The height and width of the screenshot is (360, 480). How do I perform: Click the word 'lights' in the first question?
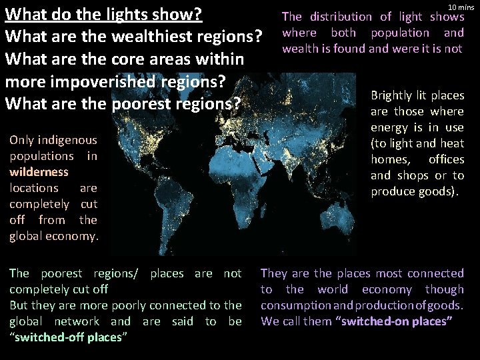123,14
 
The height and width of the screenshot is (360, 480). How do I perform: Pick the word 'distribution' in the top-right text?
342,17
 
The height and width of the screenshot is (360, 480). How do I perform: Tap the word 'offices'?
446,159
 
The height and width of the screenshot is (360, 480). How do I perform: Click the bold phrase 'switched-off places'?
67,337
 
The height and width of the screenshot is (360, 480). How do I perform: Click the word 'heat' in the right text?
451,143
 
